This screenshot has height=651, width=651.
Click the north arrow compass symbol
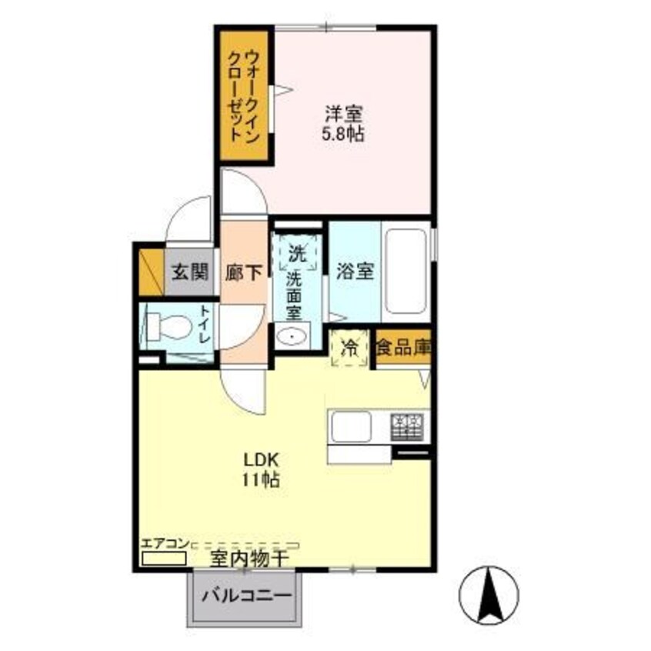click(489, 595)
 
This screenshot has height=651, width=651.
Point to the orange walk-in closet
click(244, 95)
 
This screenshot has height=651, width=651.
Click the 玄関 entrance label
click(189, 271)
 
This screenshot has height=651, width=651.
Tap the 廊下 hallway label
click(244, 272)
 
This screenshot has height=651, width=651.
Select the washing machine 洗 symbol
click(297, 252)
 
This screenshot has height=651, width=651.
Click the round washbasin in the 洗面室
click(292, 336)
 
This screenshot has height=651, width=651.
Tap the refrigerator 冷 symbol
click(348, 348)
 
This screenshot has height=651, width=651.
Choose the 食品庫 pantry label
click(403, 348)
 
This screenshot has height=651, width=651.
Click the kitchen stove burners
click(408, 426)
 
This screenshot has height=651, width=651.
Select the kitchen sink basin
click(351, 426)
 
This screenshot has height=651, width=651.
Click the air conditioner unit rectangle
click(163, 557)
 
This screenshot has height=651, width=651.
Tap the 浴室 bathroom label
click(355, 272)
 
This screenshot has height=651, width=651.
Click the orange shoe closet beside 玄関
click(151, 271)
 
